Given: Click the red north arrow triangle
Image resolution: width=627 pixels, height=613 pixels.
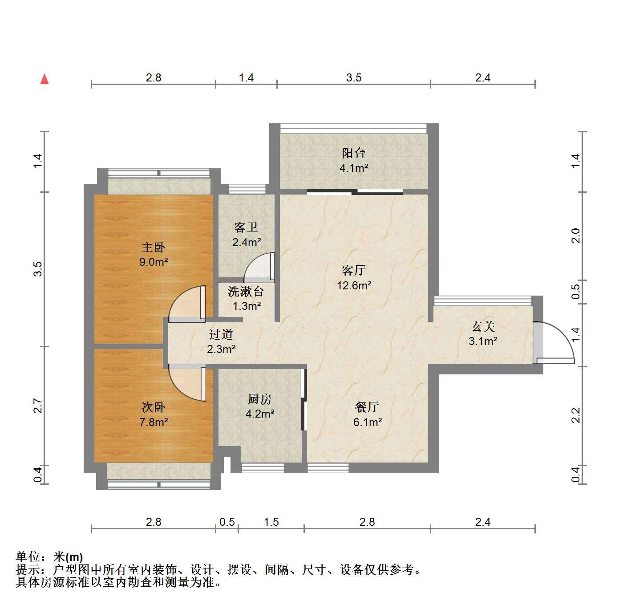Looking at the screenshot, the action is tap(44, 79).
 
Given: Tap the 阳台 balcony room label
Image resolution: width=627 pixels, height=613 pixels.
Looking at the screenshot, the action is tap(353, 153).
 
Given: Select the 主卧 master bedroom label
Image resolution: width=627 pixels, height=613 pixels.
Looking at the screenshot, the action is tap(154, 247).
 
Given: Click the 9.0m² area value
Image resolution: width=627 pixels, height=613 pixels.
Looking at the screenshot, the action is tap(154, 262).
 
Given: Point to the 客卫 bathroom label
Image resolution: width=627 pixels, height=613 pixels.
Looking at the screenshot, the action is tap(246, 227).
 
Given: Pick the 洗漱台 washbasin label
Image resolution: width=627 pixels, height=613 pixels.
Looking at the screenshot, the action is tap(246, 291).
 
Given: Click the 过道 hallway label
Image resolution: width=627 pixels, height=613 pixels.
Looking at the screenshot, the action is tap(221, 334).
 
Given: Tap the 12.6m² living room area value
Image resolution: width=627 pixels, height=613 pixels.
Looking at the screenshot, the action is tap(354, 285).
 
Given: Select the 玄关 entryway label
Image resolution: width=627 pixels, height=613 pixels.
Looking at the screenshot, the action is tap(483, 326).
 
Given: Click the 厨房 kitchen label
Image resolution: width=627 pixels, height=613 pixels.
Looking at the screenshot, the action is tap(260, 399).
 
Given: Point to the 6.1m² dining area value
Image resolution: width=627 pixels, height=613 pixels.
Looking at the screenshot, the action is tap(368, 422).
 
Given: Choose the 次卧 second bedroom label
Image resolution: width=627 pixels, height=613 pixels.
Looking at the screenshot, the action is tap(154, 407).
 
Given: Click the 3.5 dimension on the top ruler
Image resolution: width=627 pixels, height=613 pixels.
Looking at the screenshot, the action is tap(354, 77).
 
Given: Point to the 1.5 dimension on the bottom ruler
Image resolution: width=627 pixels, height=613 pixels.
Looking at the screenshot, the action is tap(271, 522).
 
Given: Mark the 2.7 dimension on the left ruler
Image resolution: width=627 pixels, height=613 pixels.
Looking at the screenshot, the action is tap(38, 406).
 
